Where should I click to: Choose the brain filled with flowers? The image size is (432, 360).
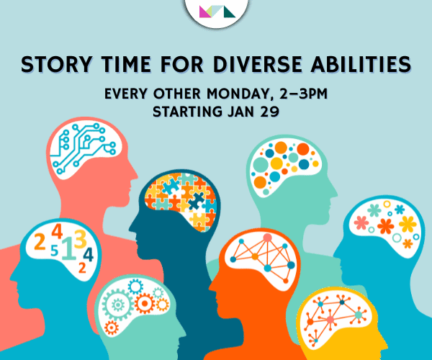click(x=389, y=222)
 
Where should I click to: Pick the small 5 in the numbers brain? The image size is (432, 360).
click(x=54, y=251)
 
